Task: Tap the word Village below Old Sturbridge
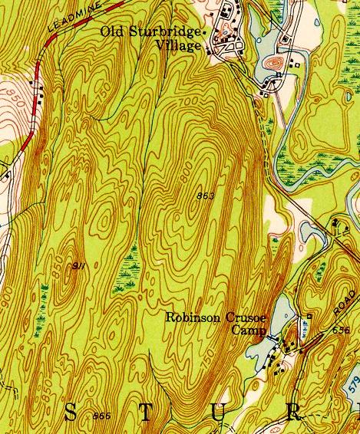181,45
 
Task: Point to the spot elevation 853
205,196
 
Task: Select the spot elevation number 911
78,265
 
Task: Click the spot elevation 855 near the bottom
101,416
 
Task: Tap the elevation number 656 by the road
342,330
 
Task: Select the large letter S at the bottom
70,414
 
